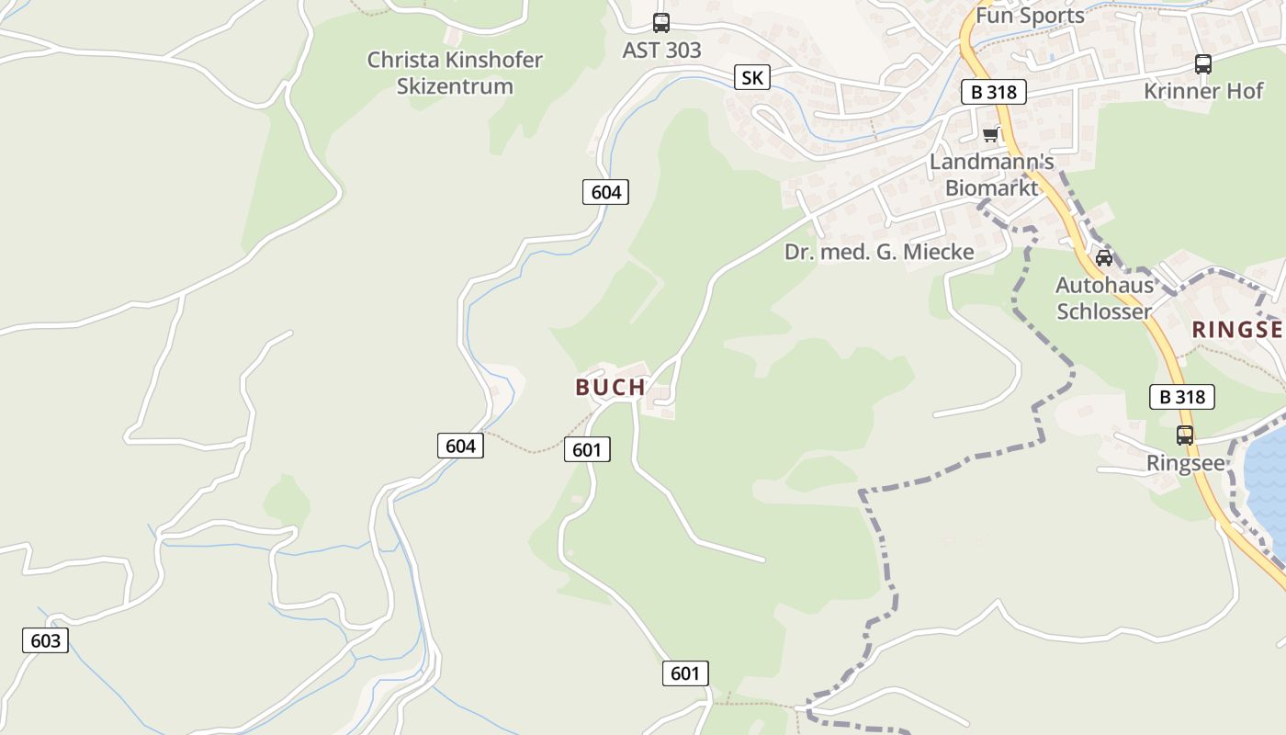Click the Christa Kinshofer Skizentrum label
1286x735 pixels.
[x=455, y=73]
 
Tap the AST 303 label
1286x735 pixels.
[x=661, y=51]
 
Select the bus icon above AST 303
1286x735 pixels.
[x=661, y=23]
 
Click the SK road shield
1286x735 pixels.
[x=751, y=77]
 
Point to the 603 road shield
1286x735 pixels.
[x=45, y=640]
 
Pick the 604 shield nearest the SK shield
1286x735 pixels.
[x=606, y=192]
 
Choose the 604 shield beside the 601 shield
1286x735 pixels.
[x=460, y=446]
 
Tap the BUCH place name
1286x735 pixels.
[x=611, y=388]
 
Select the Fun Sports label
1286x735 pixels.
[x=1030, y=16]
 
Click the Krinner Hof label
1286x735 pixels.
[x=1203, y=91]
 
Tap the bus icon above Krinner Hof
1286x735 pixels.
[x=1203, y=64]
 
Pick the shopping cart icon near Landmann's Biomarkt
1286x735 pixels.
[x=990, y=135]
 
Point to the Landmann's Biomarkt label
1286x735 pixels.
[x=992, y=175]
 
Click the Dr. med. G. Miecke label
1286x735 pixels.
[x=879, y=252]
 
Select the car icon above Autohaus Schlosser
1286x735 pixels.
[x=1104, y=258]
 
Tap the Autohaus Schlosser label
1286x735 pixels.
[x=1104, y=298]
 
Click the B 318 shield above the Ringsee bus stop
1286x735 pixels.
[x=1182, y=397]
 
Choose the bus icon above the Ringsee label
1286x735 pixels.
[x=1185, y=435]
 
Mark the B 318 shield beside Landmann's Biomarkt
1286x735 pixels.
[x=993, y=92]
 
